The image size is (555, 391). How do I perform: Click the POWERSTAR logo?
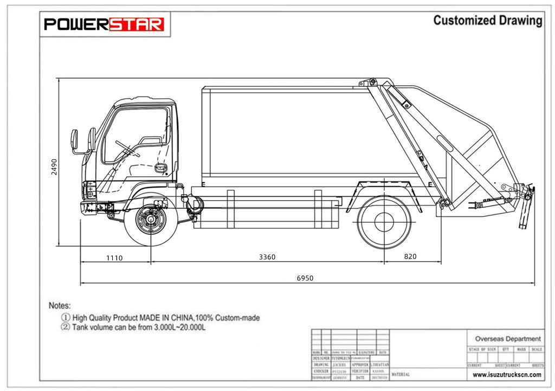point(104,24)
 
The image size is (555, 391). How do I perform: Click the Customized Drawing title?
point(487,21)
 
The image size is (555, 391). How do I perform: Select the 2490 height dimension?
point(54,166)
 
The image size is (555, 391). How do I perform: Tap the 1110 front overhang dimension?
point(114,258)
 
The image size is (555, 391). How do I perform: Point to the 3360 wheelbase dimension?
point(267,257)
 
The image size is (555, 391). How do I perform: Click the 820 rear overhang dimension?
point(410,256)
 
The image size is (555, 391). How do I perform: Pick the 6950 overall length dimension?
point(305,278)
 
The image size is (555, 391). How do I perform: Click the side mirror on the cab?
point(75,141)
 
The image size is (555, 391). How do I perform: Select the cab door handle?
point(160,168)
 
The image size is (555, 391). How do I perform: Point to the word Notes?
point(60,306)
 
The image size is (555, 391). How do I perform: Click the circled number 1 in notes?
point(66,318)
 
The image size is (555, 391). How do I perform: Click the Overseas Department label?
point(507,338)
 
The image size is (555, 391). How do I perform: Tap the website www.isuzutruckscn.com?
point(507,374)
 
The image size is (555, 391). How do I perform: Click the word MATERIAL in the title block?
point(401,374)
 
